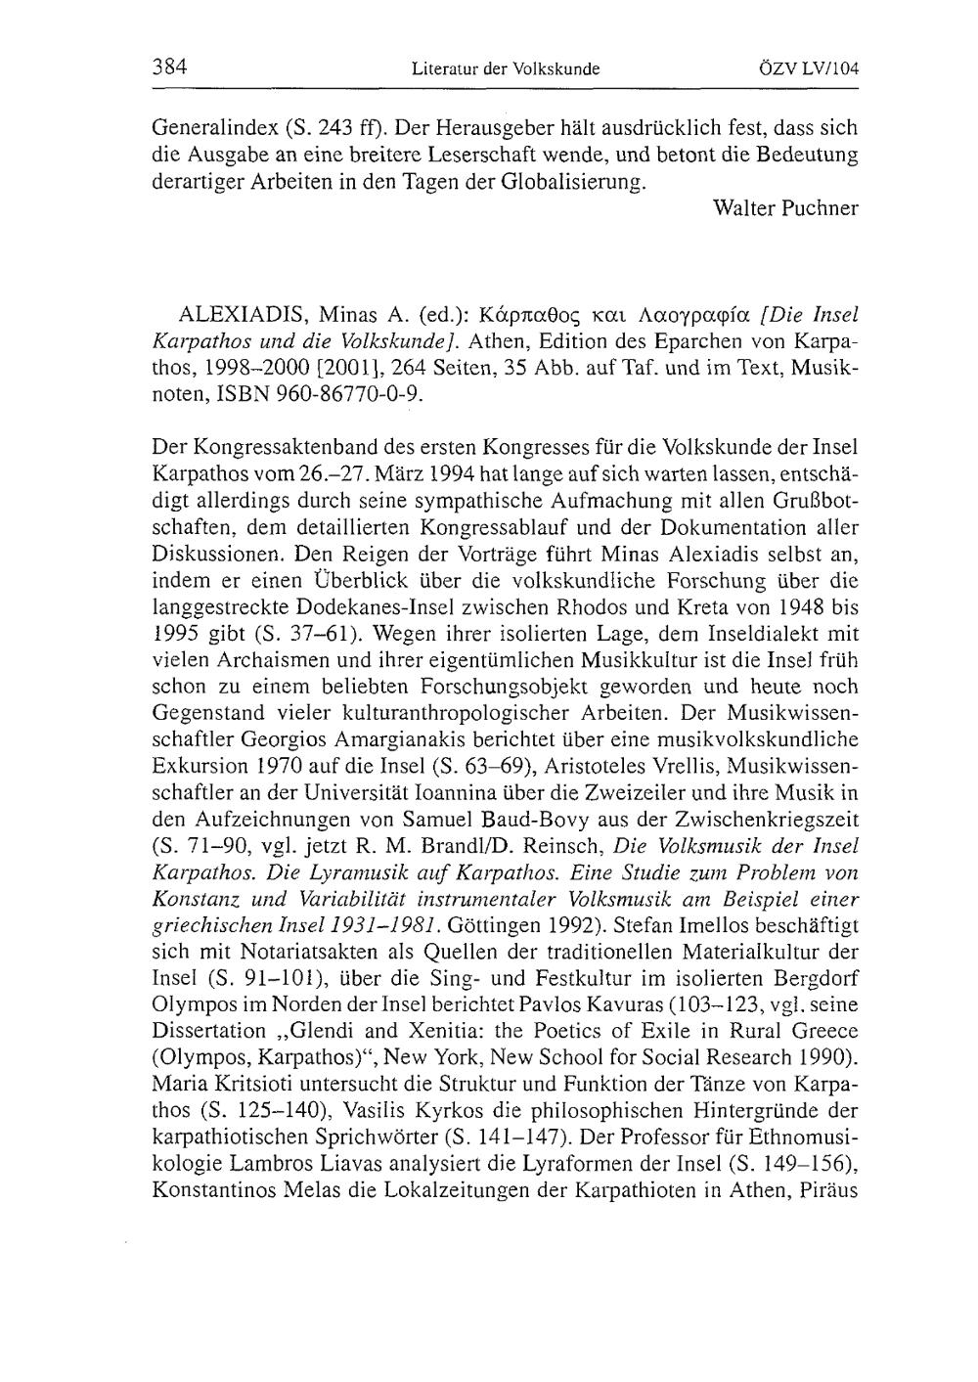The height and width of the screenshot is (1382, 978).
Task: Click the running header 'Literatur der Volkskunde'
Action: click(x=505, y=69)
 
